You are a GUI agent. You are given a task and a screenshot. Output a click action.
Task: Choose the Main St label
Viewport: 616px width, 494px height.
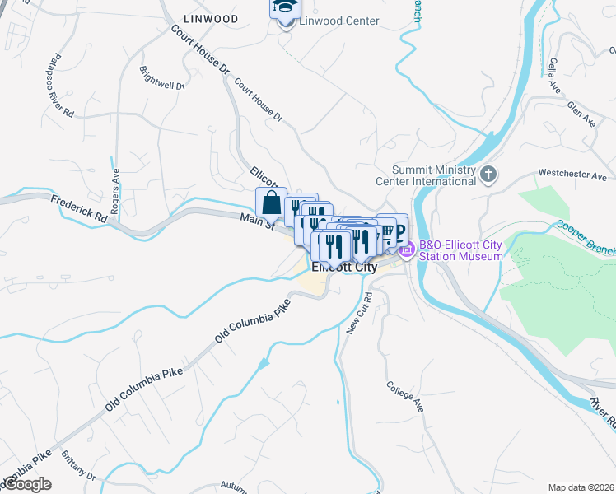pyautogui.click(x=256, y=222)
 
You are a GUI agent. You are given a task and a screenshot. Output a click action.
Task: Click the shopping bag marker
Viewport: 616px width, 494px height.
pyautogui.click(x=271, y=202)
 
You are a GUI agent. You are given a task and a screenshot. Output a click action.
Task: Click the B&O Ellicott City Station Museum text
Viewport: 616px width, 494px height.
pyautogui.click(x=460, y=250)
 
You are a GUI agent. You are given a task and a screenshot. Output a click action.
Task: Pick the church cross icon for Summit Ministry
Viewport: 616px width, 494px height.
pyautogui.click(x=489, y=174)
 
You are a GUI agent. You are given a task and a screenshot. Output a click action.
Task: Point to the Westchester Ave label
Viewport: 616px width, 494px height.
pyautogui.click(x=572, y=175)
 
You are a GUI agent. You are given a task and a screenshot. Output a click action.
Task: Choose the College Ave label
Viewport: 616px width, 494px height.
pyautogui.click(x=404, y=397)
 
